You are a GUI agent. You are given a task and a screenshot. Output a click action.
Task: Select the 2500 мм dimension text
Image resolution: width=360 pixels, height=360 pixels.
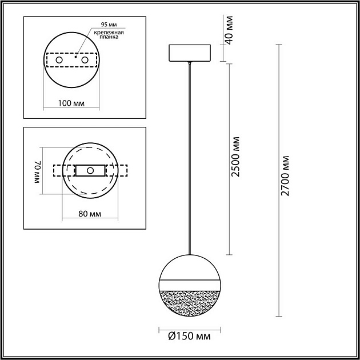pos(235,157)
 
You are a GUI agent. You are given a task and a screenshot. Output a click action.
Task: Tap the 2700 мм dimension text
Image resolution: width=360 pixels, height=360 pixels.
pos(286,175)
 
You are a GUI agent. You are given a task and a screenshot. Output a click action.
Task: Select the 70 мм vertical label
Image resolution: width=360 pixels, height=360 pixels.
pos(38,171)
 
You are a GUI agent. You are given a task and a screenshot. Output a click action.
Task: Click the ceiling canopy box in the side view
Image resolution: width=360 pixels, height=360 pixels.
pos(191,53)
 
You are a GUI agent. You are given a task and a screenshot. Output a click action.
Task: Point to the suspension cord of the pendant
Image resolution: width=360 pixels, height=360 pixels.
pos(191,154)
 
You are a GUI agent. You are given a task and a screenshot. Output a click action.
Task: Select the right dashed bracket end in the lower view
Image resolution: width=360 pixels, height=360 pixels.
pos(121,171)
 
